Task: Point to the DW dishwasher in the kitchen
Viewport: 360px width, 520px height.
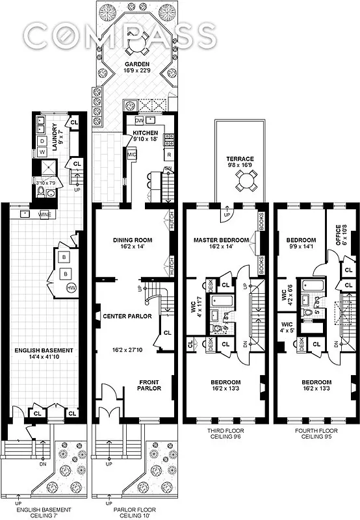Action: click(x=138, y=120)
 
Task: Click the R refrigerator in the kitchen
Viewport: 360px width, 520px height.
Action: click(x=168, y=155)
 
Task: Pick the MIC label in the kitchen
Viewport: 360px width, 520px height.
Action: click(x=131, y=155)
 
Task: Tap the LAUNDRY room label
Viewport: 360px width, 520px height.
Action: click(x=55, y=136)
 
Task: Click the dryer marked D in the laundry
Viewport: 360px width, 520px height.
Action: click(x=43, y=140)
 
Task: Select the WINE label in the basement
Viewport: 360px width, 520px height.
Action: click(x=46, y=213)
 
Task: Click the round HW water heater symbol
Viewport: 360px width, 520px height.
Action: click(x=71, y=288)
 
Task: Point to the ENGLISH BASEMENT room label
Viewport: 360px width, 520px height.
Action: click(x=44, y=351)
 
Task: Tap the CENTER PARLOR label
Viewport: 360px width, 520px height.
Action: click(x=127, y=317)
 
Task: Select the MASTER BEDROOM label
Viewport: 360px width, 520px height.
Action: click(x=221, y=240)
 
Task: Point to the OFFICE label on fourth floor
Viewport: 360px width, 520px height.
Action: click(x=338, y=237)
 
